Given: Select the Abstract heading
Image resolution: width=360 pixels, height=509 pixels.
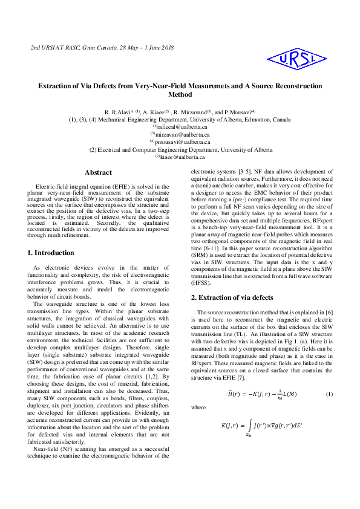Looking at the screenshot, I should (98, 173).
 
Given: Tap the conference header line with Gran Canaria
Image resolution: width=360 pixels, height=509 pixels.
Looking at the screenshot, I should (102, 47).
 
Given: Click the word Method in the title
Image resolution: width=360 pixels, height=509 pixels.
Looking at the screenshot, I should (180, 95).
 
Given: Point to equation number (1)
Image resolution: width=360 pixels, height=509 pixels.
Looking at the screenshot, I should (330, 394).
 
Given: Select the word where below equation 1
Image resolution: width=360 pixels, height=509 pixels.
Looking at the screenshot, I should (198, 408).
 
